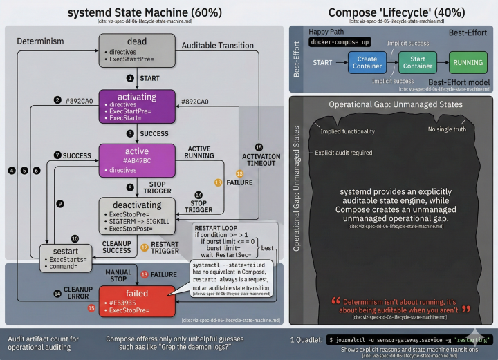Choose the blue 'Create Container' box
(367, 63)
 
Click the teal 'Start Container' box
(417, 63)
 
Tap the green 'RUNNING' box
(468, 63)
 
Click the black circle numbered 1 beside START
(129, 78)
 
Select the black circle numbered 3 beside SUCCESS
(129, 133)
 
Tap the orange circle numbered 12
(145, 247)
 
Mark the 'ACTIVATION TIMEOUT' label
(261, 160)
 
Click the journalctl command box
(410, 339)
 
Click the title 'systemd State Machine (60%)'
(145, 12)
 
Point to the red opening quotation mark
(335, 302)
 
